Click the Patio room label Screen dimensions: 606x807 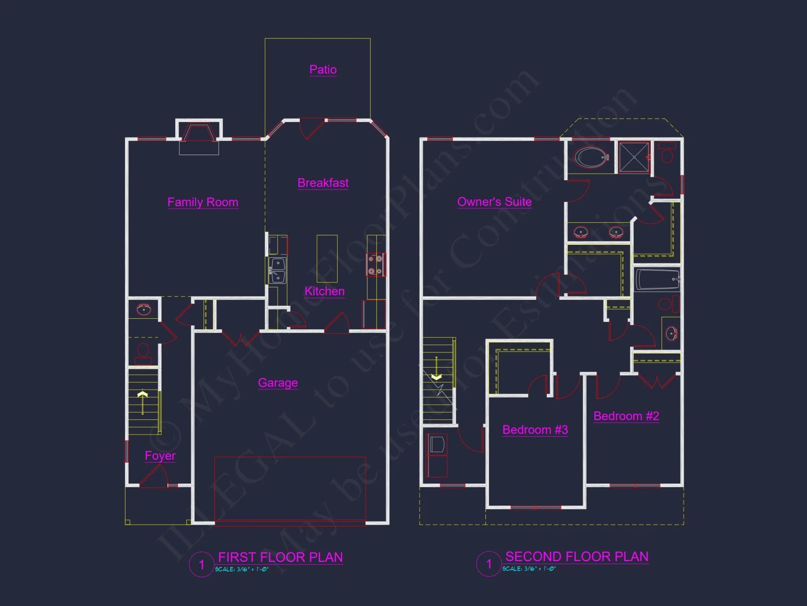click(x=323, y=69)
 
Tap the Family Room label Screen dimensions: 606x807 click(x=203, y=202)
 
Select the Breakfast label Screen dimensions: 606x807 click(x=323, y=183)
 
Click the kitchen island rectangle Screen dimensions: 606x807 click(x=327, y=259)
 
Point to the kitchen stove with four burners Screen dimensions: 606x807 click(x=376, y=265)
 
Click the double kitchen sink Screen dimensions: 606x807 click(x=278, y=270)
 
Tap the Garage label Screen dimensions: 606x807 click(x=278, y=382)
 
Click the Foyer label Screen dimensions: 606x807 click(x=160, y=455)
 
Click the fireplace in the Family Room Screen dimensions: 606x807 click(x=199, y=133)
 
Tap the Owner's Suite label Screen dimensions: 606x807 click(x=494, y=202)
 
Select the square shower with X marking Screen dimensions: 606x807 click(x=634, y=157)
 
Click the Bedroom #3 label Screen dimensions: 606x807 click(x=535, y=429)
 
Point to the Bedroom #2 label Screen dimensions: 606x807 click(x=626, y=416)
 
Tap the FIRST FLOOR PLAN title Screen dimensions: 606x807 click(x=280, y=557)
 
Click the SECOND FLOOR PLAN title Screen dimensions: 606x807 click(x=577, y=556)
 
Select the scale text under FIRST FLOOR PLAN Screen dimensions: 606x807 click(x=241, y=569)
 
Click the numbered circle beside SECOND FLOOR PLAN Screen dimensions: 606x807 click(x=489, y=564)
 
